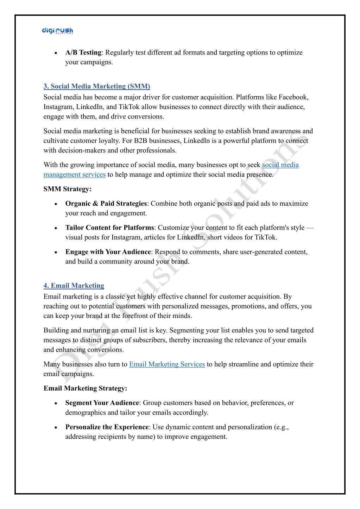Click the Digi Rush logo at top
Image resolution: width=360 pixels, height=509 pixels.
(57, 31)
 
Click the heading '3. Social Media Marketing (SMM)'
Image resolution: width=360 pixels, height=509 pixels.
(97, 86)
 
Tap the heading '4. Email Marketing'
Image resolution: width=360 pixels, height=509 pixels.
(74, 286)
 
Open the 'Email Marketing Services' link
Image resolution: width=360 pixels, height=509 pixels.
(167, 364)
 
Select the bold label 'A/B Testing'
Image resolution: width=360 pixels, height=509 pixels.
(83, 53)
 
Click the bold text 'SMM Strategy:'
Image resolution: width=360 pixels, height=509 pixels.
(68, 189)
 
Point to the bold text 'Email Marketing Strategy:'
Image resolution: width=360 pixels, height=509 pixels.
(86, 388)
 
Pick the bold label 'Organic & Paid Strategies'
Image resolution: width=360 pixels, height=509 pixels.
(106, 204)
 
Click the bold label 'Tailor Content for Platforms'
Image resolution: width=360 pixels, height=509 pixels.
(110, 228)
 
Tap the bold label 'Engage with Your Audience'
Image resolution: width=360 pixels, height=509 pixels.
(108, 252)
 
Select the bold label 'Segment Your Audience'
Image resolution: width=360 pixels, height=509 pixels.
(102, 403)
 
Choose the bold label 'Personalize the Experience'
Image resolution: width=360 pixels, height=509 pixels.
(107, 427)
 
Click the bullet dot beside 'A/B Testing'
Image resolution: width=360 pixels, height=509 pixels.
(56, 53)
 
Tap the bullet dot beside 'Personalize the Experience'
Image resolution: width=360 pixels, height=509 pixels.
(56, 428)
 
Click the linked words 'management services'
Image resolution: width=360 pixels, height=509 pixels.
(75, 175)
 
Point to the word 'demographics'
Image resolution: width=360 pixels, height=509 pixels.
(86, 413)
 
